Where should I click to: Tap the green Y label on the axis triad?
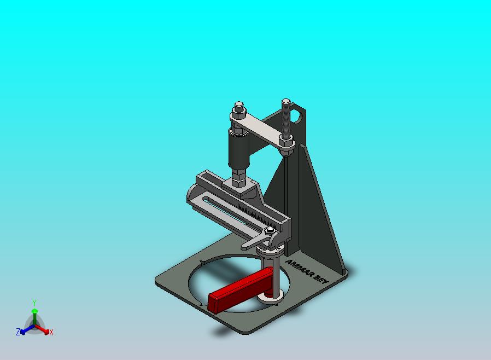click(34, 303)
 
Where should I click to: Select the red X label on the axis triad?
click(51, 332)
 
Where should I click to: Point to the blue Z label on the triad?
click(18, 332)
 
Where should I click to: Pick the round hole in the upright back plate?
click(296, 116)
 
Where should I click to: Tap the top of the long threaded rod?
click(286, 102)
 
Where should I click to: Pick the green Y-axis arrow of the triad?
click(34, 314)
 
